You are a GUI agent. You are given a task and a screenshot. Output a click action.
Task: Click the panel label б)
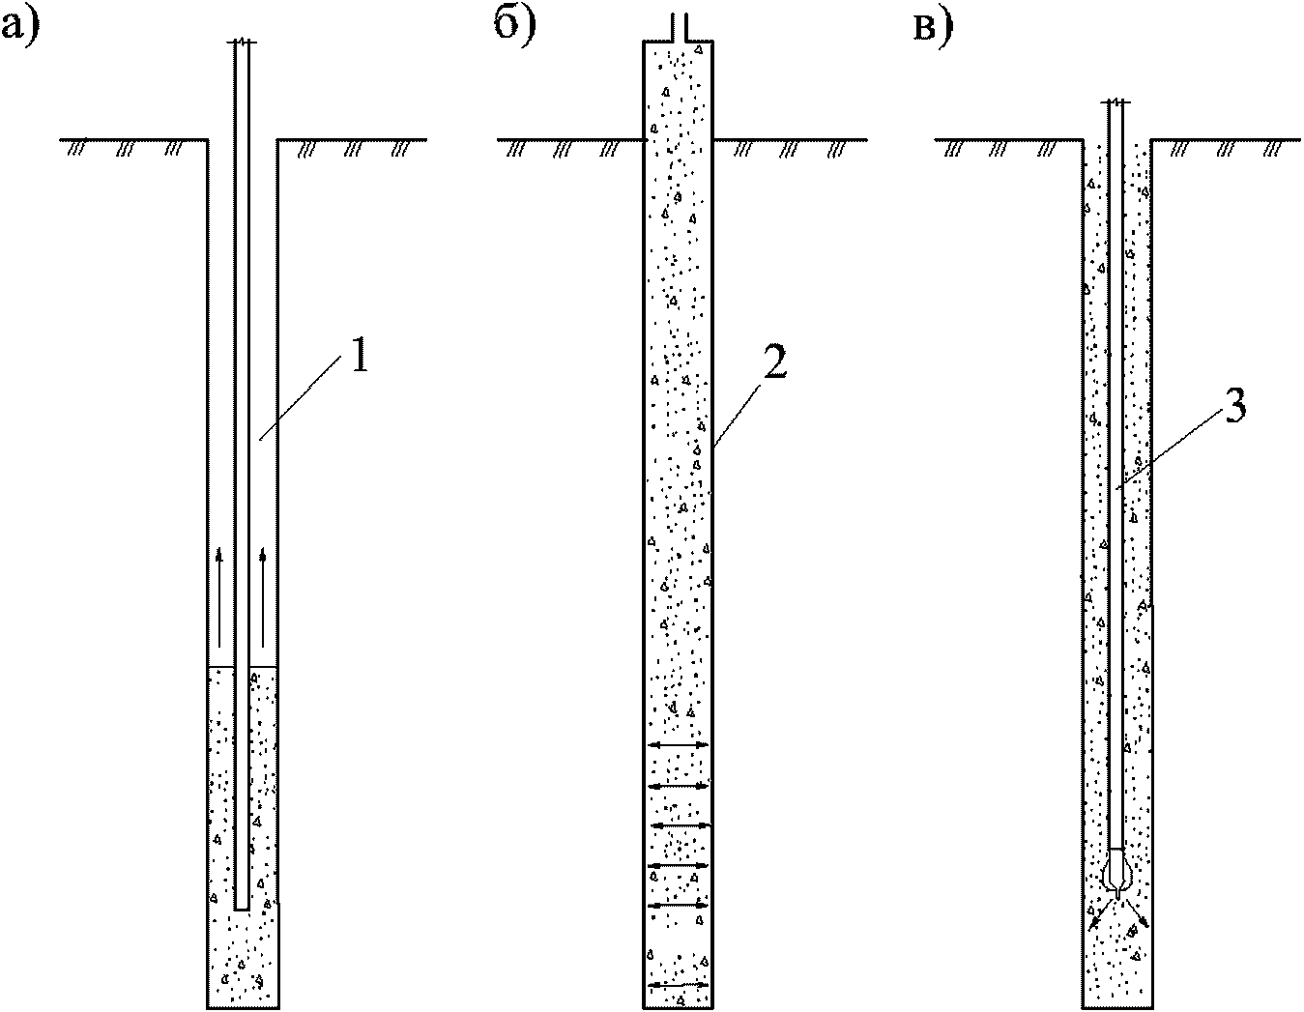coord(515,26)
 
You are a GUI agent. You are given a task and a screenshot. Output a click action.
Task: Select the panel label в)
coord(933,28)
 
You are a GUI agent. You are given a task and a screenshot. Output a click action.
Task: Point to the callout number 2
coord(773,361)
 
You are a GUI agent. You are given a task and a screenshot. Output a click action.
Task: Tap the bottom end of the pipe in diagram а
coord(242,910)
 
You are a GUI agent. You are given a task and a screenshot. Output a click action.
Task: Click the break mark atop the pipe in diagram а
coord(242,42)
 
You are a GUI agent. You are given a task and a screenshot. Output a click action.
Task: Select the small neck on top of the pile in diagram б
coord(679,28)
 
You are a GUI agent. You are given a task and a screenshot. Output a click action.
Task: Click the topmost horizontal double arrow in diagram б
coord(679,745)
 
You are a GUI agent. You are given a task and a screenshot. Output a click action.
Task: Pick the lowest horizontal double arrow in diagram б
coord(679,984)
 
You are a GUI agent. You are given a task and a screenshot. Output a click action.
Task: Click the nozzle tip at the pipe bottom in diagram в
coord(1116,894)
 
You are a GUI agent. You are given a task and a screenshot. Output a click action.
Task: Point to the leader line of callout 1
coord(300,396)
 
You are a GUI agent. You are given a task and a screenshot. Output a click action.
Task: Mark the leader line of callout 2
coord(737,414)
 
